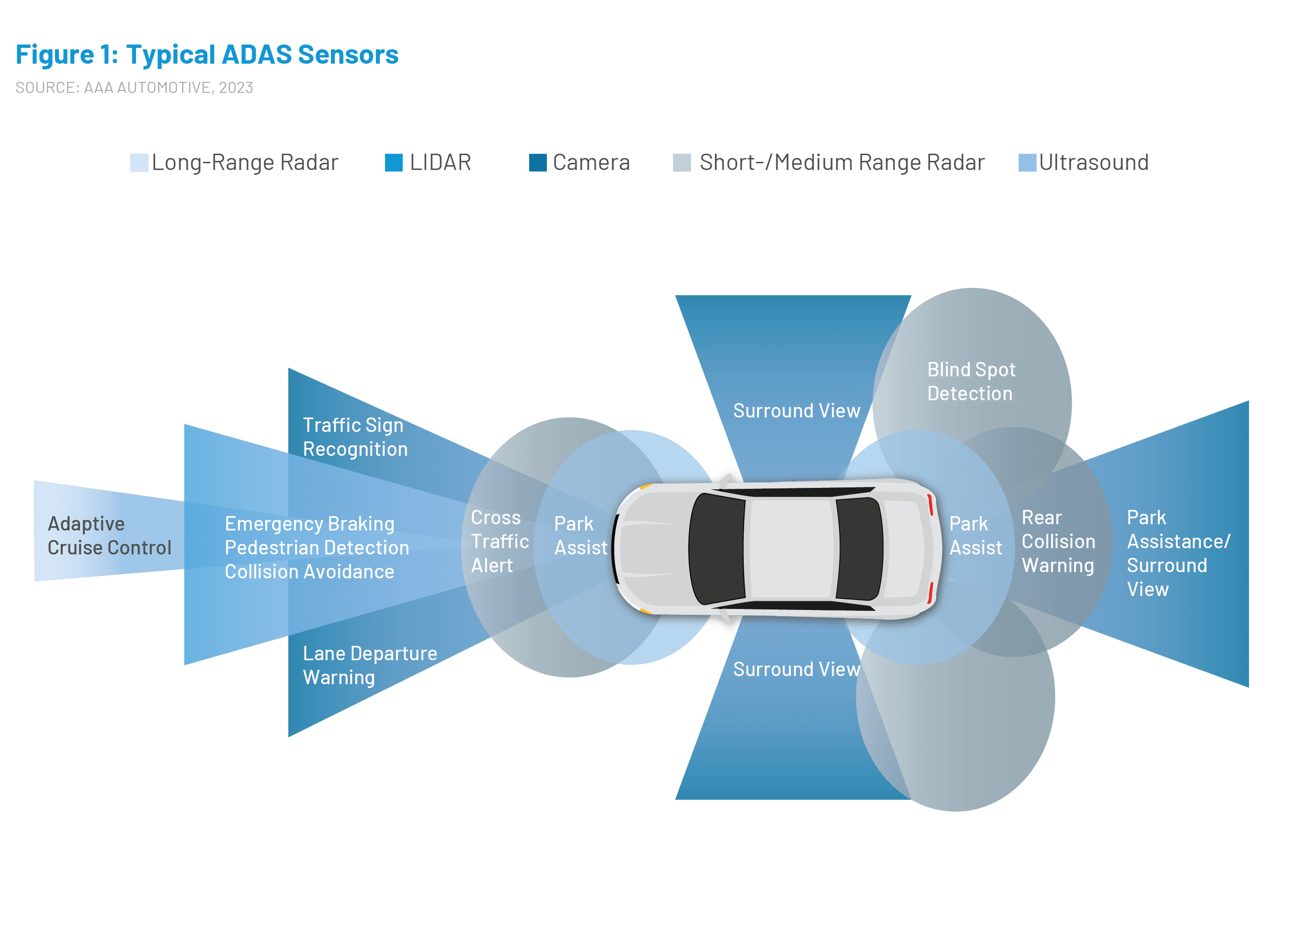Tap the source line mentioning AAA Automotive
pyautogui.click(x=134, y=88)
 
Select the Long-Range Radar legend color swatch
pyautogui.click(x=138, y=162)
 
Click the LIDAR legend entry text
pyautogui.click(x=440, y=162)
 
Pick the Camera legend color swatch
pyautogui.click(x=537, y=162)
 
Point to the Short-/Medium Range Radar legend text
pyautogui.click(x=841, y=162)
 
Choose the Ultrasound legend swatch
pyautogui.click(x=1027, y=162)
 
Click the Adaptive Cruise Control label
pyautogui.click(x=109, y=535)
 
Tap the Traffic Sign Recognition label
pyautogui.click(x=354, y=437)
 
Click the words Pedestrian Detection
pyautogui.click(x=317, y=548)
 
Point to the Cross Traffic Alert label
pyautogui.click(x=499, y=541)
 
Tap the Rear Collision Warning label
pyautogui.click(x=1057, y=541)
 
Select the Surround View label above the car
pyautogui.click(x=796, y=411)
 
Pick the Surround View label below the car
pyautogui.click(x=796, y=669)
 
